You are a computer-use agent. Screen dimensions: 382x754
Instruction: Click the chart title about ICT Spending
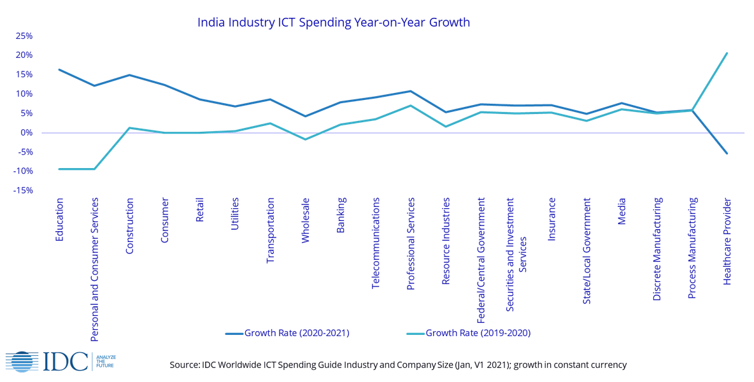click(334, 22)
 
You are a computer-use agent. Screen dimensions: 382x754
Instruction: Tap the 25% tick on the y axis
click(25, 36)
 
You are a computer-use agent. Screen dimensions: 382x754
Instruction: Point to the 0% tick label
click(27, 132)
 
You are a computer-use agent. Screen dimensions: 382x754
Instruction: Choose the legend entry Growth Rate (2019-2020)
click(469, 333)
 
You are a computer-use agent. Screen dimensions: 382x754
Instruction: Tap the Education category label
click(60, 220)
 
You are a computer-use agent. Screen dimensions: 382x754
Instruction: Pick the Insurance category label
click(552, 220)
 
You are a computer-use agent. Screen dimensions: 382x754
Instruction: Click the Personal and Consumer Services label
click(95, 270)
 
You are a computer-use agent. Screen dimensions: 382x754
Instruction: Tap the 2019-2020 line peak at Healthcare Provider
click(727, 52)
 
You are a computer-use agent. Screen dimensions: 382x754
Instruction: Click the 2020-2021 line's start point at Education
click(59, 69)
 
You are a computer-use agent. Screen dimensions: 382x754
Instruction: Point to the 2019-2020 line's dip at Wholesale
click(306, 140)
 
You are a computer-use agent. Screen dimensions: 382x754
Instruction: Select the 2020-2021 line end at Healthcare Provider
click(727, 153)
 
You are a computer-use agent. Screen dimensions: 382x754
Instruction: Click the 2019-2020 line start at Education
click(59, 169)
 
